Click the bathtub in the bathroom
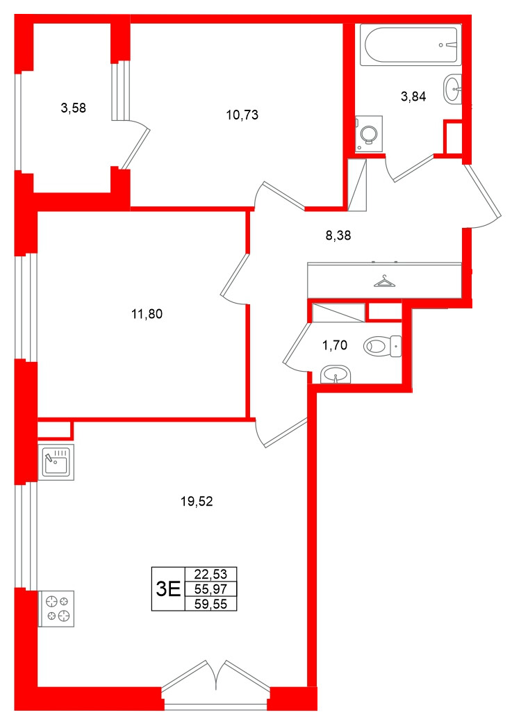point(410,46)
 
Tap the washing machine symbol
point(369,133)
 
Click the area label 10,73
point(242,115)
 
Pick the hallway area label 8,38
point(338,236)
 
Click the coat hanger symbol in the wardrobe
point(383,281)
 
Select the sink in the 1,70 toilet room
point(336,375)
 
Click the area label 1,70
point(334,343)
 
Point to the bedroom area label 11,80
point(147,314)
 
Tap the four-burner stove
point(56,609)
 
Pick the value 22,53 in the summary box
point(210,575)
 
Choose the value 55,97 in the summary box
point(210,589)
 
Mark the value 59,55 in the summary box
point(210,604)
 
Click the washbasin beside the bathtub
point(453,89)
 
